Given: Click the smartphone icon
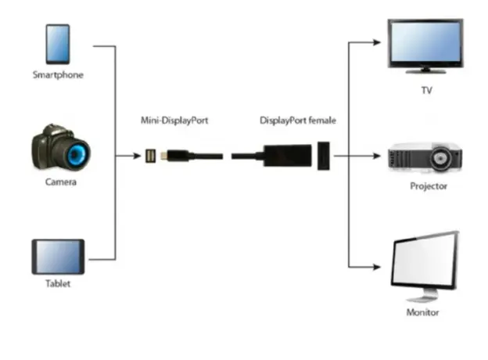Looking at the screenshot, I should tap(58, 45).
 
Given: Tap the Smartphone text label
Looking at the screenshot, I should tap(58, 75).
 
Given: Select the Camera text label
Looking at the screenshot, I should tap(60, 182).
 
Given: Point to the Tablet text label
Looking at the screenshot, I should tap(57, 283).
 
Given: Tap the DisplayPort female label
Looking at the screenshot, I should tap(298, 121).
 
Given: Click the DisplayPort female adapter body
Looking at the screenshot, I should tap(285, 157).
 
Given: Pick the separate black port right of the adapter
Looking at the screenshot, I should tap(325, 157).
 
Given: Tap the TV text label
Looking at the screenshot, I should tap(426, 91).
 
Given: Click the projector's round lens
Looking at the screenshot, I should tap(441, 160).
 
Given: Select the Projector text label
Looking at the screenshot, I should tap(429, 186).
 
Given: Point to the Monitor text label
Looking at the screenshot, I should tap(423, 312).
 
